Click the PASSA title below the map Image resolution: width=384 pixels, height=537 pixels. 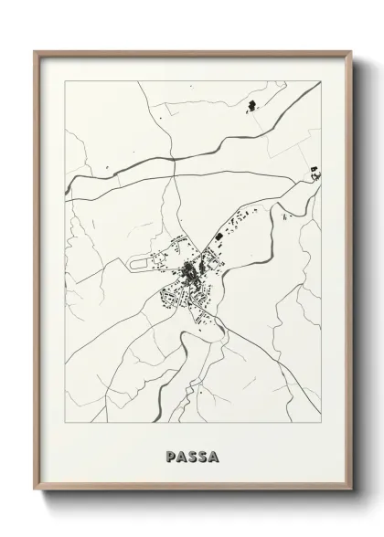[x=192, y=455]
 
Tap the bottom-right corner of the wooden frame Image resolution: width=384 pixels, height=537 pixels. [x=350, y=486]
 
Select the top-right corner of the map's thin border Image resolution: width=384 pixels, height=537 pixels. [x=325, y=80]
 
